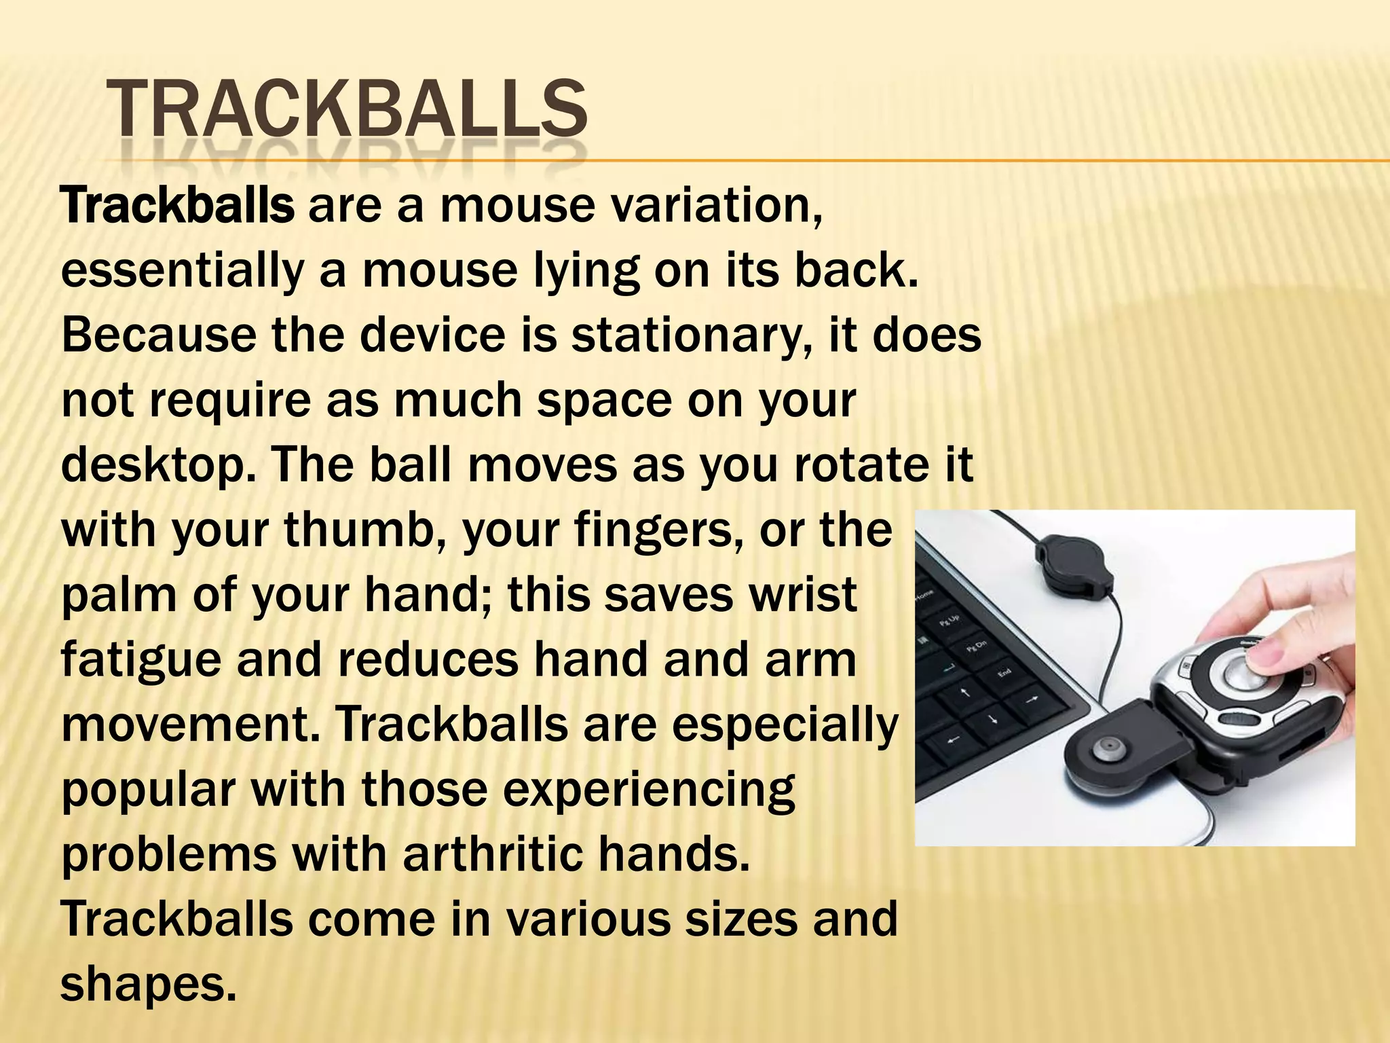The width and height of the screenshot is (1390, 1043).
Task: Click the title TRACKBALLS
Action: pyautogui.click(x=346, y=109)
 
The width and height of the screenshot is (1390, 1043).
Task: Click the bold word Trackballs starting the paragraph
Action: pyautogui.click(x=178, y=206)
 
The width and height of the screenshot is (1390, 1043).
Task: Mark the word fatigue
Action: pyautogui.click(x=141, y=661)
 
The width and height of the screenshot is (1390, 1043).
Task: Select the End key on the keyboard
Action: pyautogui.click(x=1003, y=673)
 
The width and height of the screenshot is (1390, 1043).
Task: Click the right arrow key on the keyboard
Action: pyautogui.click(x=1032, y=699)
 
